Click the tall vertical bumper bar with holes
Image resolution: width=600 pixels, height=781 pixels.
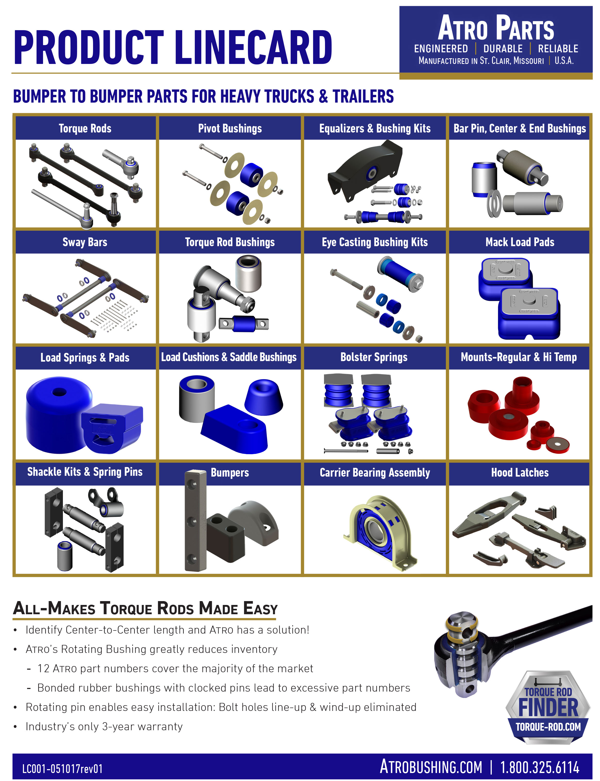[195, 521]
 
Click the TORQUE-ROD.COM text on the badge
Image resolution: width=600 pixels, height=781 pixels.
[548, 727]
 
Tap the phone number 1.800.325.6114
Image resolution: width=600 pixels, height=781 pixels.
[539, 767]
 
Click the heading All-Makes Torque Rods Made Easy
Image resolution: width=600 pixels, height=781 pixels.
[145, 608]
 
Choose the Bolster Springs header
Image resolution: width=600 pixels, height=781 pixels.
[374, 357]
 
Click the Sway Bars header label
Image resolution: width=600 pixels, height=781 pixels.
[85, 242]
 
